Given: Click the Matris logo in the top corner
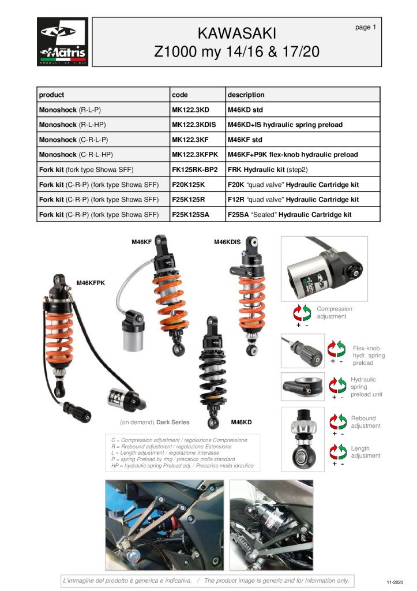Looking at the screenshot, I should pos(63,42).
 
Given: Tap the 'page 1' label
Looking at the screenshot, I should pos(366,27).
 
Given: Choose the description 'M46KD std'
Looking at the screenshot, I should pos(245,110).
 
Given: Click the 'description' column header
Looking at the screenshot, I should pos(246,95).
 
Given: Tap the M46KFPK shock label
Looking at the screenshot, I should pos(91,283).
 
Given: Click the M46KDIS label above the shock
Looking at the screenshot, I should pos(227,242).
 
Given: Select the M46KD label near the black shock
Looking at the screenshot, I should pos(241,422).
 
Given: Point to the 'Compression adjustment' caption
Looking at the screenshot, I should pos(334,313).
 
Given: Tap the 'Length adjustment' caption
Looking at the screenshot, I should pos(366,452).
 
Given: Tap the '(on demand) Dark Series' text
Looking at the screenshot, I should pos(155,422).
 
